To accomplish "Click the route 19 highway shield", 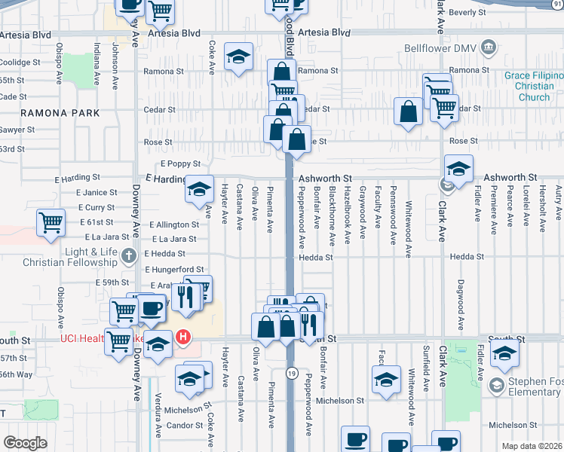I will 291,374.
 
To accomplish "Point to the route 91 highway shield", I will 556,4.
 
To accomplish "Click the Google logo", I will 25,443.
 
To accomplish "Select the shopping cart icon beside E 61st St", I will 50,221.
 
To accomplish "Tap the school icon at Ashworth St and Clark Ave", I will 458,169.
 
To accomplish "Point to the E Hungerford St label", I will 173,269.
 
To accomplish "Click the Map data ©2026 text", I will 531,446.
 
